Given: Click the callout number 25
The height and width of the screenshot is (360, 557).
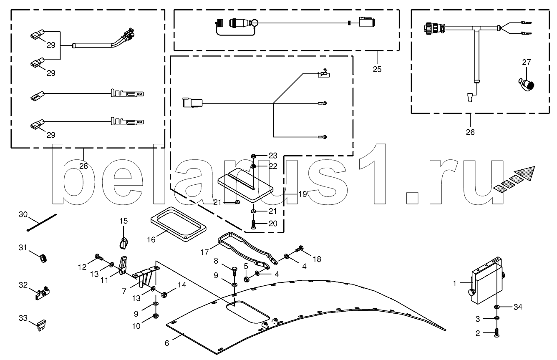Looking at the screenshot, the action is pyautogui.click(x=377, y=69).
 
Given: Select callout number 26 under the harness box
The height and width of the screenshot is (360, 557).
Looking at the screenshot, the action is pyautogui.click(x=470, y=132).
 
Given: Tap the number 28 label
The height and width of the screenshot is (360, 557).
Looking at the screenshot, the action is pyautogui.click(x=83, y=166).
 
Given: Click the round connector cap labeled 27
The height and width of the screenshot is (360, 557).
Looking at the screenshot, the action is pyautogui.click(x=527, y=85).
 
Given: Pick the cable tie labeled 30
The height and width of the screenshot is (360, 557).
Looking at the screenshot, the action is pyautogui.click(x=42, y=222).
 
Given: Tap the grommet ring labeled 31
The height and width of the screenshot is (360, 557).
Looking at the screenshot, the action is pyautogui.click(x=43, y=258).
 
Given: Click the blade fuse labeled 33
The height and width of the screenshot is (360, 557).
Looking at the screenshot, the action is pyautogui.click(x=42, y=326).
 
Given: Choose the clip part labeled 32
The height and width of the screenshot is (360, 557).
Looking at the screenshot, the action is pyautogui.click(x=42, y=293).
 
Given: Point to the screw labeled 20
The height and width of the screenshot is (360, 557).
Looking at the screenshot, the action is pyautogui.click(x=253, y=224).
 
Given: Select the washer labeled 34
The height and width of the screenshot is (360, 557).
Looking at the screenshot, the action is pyautogui.click(x=497, y=307).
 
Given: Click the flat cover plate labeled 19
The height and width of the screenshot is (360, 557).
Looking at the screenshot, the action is pyautogui.click(x=245, y=186).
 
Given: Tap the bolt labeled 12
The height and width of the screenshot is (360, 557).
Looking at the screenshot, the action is pyautogui.click(x=99, y=257).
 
